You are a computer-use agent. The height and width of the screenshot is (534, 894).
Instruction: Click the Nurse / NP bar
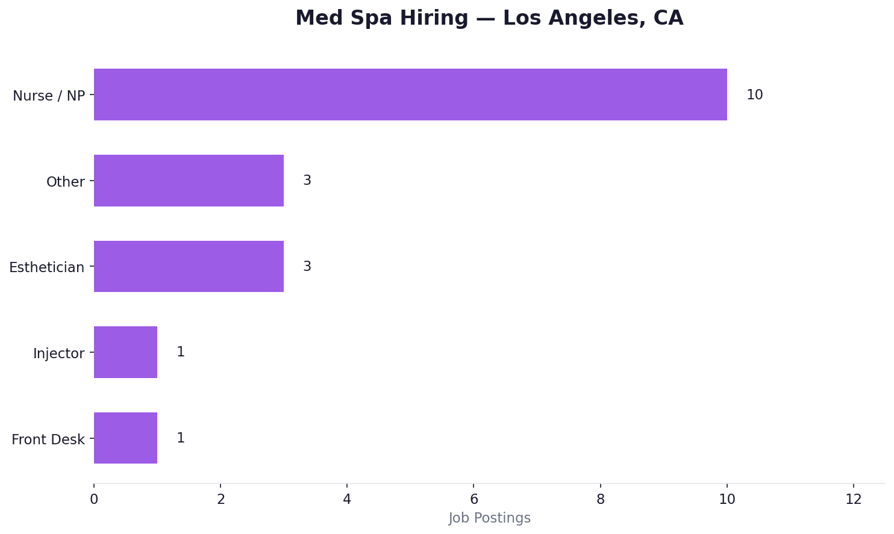click(410, 95)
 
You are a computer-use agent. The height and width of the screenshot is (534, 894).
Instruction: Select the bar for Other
click(189, 181)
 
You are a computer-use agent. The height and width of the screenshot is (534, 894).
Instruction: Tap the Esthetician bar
click(189, 266)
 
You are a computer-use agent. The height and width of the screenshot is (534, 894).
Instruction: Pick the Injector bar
click(125, 352)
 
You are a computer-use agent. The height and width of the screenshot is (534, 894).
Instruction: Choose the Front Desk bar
click(125, 438)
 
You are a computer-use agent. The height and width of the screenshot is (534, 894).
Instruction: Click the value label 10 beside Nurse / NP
click(754, 95)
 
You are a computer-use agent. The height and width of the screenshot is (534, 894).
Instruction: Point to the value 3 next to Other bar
click(307, 181)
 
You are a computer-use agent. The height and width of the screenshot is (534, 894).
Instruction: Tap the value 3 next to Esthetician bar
click(307, 267)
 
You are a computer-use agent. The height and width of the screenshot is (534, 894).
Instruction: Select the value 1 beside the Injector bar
click(180, 352)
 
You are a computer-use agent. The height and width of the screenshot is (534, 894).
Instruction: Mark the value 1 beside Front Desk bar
click(180, 438)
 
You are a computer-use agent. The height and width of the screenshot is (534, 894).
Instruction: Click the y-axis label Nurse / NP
click(49, 96)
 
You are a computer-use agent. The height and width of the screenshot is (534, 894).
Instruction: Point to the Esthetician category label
click(46, 267)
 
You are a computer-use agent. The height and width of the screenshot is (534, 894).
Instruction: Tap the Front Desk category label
click(48, 439)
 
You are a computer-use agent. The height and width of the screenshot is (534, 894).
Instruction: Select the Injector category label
click(58, 353)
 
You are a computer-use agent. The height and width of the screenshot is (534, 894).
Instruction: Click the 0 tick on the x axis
click(94, 499)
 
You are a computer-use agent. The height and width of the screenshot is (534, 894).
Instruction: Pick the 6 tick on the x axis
click(474, 499)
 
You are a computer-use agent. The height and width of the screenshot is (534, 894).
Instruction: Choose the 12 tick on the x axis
click(853, 499)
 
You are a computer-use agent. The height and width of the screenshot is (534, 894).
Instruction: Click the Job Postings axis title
click(489, 518)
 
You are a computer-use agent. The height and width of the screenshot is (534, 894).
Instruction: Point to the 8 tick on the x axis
click(601, 499)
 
